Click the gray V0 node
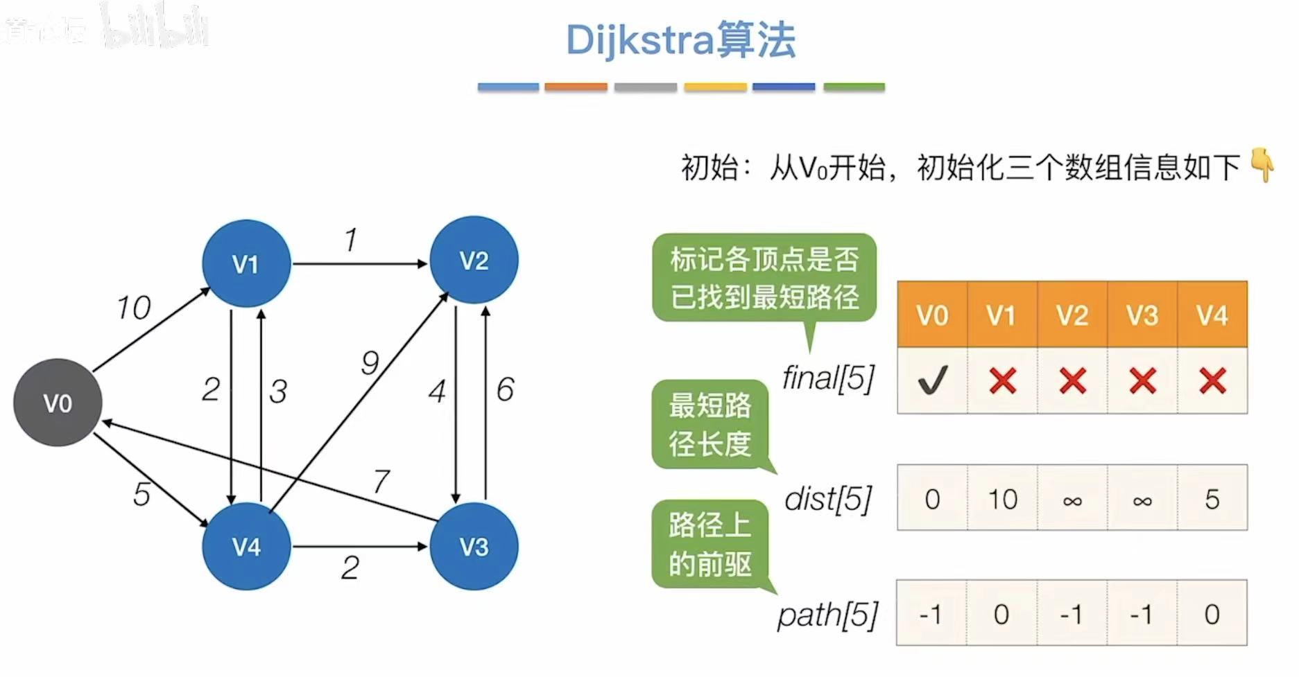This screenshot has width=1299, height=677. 58,403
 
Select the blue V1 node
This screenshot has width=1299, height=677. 246,263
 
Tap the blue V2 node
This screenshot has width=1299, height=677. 474,260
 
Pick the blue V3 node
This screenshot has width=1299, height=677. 474,546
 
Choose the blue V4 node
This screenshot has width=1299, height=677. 246,546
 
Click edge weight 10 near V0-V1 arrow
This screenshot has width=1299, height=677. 133,308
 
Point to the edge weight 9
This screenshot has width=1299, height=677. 370,362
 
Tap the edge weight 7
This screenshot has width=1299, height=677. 381,481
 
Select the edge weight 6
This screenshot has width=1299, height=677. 505,389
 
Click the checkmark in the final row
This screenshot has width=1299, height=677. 932,380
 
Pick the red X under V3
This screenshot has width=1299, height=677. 1142,380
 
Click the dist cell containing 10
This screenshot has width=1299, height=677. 1002,499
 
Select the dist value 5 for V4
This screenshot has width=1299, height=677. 1212,499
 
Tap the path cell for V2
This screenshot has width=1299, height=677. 1072,614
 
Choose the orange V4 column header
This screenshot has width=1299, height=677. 1212,315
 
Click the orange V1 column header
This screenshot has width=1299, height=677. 1001,315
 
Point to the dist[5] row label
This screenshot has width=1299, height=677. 828,499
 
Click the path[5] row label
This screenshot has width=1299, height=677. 827,615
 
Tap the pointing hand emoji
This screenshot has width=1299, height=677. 1262,165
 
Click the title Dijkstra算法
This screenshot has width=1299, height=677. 680,40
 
